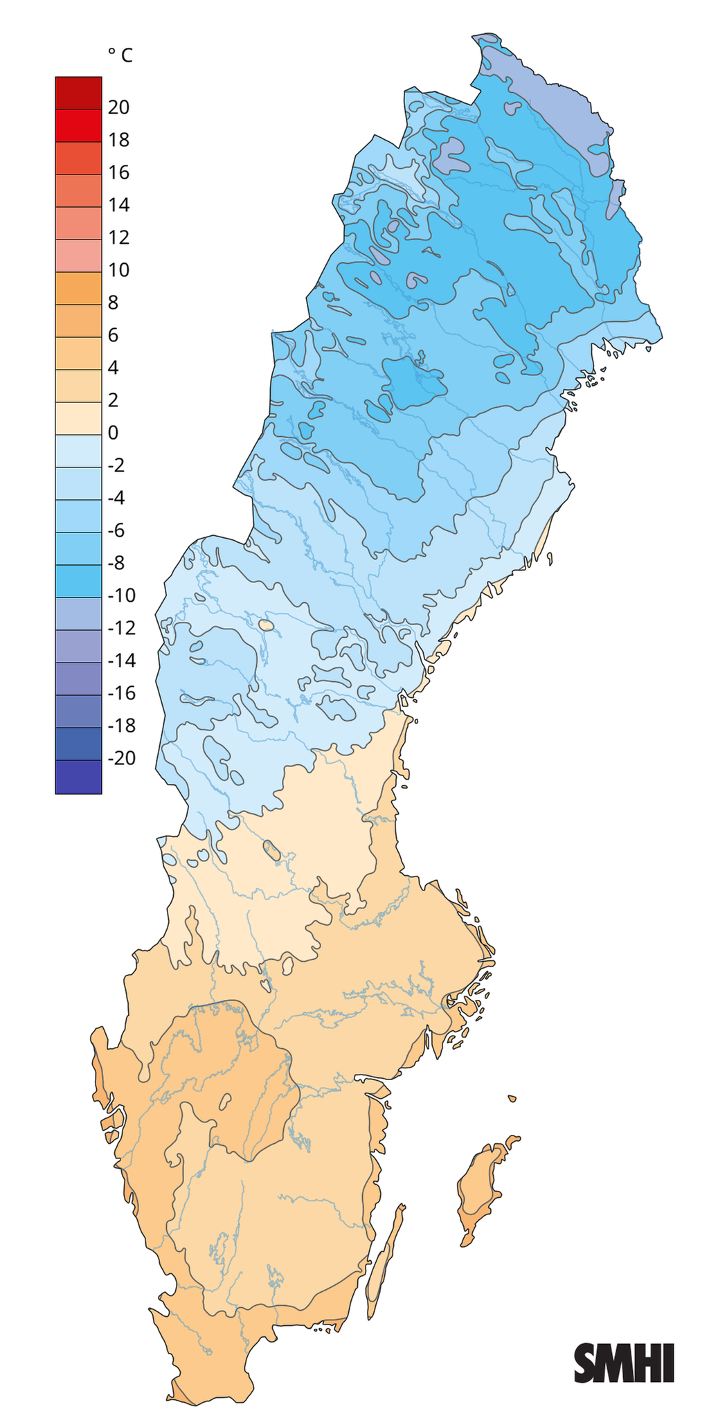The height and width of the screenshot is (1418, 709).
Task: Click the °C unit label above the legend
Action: tap(119, 55)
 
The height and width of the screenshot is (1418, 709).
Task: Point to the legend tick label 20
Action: tap(118, 107)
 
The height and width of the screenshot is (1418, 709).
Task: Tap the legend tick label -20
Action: tap(122, 758)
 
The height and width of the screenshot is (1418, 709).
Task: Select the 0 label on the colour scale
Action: tap(114, 433)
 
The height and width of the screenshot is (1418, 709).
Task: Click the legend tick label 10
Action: tap(118, 270)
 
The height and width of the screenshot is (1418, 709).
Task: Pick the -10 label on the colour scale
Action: tap(122, 595)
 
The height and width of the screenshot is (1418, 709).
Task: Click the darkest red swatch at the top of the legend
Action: tap(78, 92)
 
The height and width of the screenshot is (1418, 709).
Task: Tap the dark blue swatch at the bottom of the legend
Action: tap(78, 777)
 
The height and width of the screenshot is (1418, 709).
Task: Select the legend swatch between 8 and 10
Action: tap(78, 288)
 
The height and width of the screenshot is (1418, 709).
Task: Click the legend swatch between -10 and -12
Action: tap(78, 613)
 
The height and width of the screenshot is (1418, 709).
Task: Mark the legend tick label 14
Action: tap(118, 205)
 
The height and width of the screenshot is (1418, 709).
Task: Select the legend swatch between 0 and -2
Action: tap(78, 451)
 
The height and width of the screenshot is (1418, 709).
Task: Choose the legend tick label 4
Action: tap(114, 368)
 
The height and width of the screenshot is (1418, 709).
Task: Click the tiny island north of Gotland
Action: tap(512, 1098)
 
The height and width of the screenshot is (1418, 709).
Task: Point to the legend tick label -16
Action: tap(122, 693)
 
